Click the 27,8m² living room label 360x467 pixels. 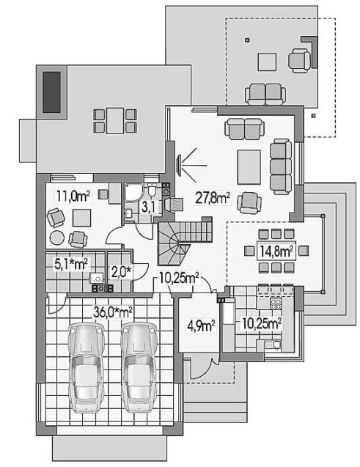point(213,198)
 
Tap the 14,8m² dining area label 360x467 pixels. point(276,251)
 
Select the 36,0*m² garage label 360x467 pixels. point(113,312)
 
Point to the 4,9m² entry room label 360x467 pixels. point(202,326)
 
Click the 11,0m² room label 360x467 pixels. point(73,196)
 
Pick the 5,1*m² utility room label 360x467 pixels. point(71,264)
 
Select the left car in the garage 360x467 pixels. point(87,368)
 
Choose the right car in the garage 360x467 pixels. point(140,368)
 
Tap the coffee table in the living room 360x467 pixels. point(249,167)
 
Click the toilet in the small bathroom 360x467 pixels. point(152,191)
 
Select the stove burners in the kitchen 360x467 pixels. point(276,304)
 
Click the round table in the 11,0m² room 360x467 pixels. point(57,238)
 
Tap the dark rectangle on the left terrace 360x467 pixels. point(52,92)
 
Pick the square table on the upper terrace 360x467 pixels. point(267,62)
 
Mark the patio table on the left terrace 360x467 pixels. point(115,121)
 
